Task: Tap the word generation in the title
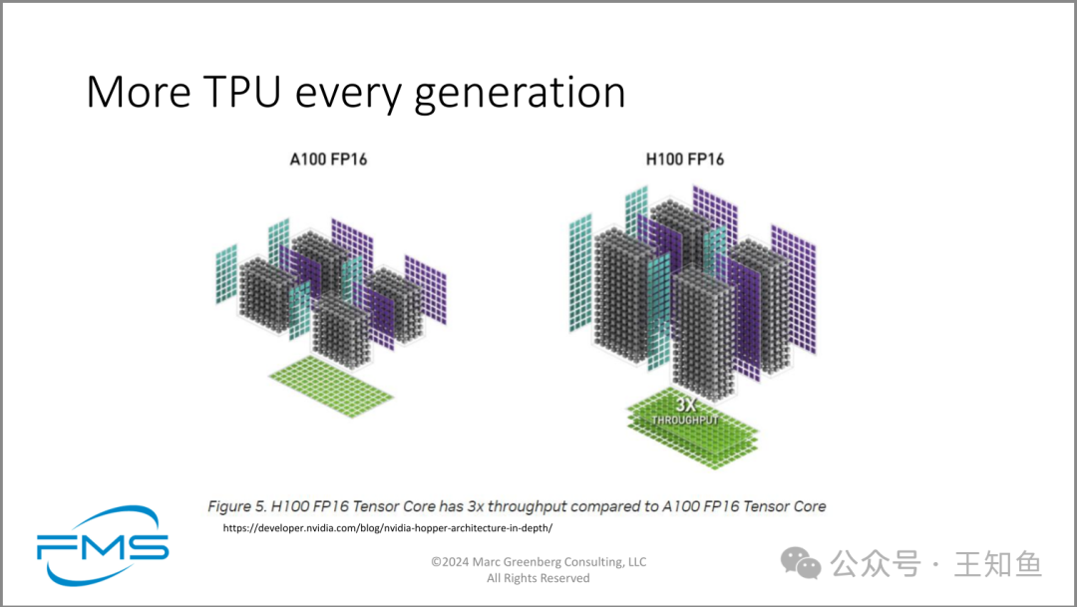520,93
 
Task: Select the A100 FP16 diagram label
328,159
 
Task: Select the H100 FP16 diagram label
685,159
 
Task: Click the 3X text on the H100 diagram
685,405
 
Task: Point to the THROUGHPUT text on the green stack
685,420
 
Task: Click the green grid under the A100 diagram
331,386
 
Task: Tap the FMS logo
103,545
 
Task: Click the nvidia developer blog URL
387,528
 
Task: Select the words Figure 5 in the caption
236,506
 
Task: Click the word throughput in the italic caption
527,506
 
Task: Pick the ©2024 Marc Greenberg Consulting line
538,562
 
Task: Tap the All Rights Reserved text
538,578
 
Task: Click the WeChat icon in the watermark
801,564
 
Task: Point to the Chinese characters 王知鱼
997,564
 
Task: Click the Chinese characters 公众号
876,564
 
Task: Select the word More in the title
139,91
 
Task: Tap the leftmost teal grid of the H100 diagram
580,273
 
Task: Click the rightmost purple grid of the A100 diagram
425,290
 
